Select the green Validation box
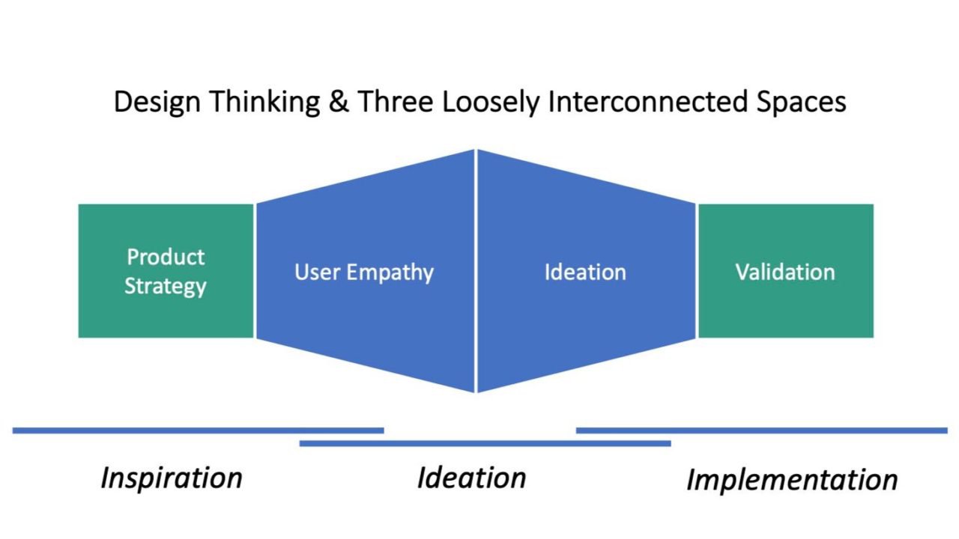pyautogui.click(x=785, y=271)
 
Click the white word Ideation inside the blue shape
pyautogui.click(x=585, y=272)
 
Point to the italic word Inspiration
pyautogui.click(x=172, y=478)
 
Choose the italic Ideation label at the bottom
pyautogui.click(x=471, y=478)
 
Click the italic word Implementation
pyautogui.click(x=792, y=480)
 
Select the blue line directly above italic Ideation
pyautogui.click(x=485, y=443)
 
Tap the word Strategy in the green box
pyautogui.click(x=166, y=287)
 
